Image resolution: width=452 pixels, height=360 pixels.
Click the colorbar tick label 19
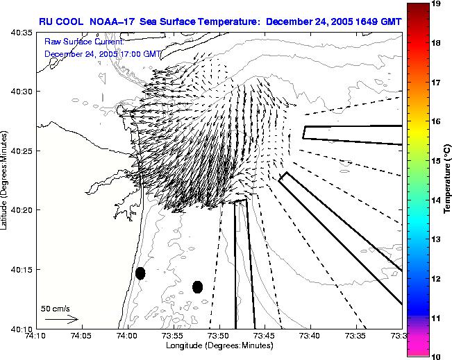pos(437,3)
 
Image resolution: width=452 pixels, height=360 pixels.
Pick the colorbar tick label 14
pos(437,200)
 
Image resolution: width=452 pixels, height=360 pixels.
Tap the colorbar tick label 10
pos(437,355)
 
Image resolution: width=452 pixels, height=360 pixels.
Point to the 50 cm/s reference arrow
pos(62,320)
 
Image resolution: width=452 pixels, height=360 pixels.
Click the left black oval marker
pos(140,273)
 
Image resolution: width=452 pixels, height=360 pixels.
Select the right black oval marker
pos(197,286)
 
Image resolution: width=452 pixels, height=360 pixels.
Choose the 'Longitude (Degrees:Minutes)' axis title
pos(218,345)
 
